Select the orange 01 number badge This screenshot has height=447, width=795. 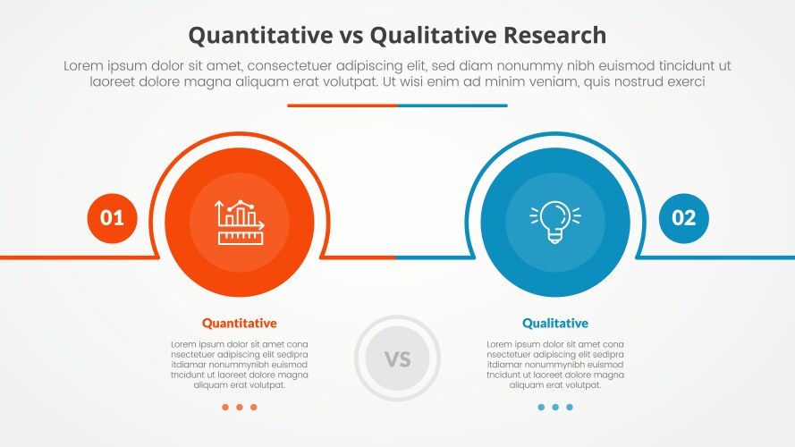tap(113, 217)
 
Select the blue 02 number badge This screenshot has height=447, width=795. tap(683, 217)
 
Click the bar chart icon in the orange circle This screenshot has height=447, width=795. tap(239, 222)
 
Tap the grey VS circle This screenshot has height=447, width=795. tap(397, 359)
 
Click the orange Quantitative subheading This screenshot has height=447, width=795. tap(239, 324)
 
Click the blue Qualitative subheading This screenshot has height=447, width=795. tap(555, 324)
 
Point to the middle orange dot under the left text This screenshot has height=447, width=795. tap(239, 408)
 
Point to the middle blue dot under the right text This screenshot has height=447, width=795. tap(555, 408)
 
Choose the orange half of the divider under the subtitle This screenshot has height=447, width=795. tap(342, 105)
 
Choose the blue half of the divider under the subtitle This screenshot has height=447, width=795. tap(452, 105)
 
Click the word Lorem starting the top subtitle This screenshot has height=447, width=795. tap(84, 66)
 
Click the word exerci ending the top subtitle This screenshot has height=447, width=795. tap(684, 81)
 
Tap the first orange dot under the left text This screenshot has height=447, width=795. tap(224, 408)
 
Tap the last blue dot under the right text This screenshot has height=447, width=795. tap(570, 408)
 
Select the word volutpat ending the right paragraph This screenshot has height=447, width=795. tap(581, 385)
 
